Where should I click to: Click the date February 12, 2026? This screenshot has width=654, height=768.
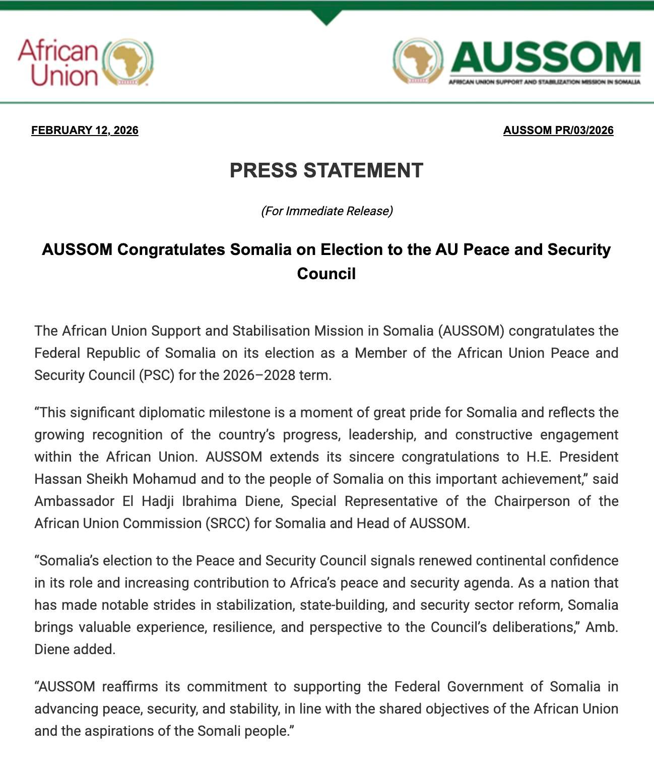tap(85, 130)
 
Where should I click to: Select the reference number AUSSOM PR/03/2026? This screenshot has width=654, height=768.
tap(558, 130)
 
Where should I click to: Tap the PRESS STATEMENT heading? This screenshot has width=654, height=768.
tap(326, 170)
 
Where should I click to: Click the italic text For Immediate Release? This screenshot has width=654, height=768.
tap(326, 211)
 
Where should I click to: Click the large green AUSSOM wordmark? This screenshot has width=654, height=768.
tap(545, 57)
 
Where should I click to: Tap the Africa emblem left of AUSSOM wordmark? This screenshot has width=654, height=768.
tap(418, 61)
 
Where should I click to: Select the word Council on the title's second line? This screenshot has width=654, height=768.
tap(326, 274)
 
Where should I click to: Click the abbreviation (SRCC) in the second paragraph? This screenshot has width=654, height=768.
tap(228, 523)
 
